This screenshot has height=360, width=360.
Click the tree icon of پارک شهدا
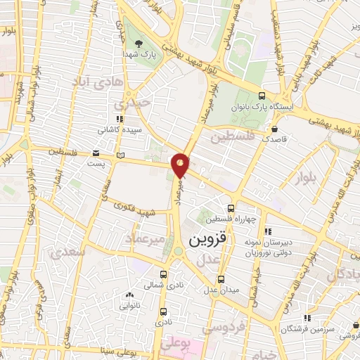pos(138,43)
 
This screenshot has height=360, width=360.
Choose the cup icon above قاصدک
pos(274,129)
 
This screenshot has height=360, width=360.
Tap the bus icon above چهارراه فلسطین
pos(231,208)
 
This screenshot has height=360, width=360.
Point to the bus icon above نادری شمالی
pos(163,275)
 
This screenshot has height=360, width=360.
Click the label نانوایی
pos(128,306)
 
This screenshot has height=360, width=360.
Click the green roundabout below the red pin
pos(179,250)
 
